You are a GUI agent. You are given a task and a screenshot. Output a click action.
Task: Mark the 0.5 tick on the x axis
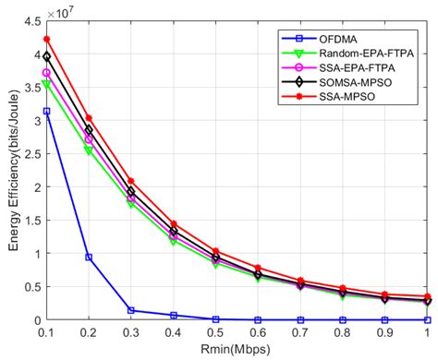(x=214, y=330)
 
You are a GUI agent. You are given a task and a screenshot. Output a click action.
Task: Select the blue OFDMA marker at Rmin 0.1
(x=46, y=111)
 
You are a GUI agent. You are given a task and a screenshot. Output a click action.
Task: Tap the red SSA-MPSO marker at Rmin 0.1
(x=46, y=39)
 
